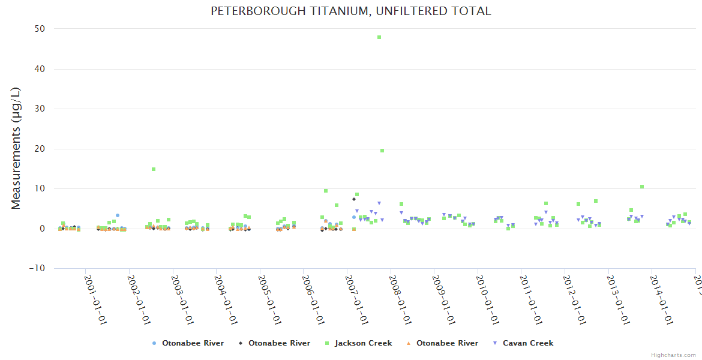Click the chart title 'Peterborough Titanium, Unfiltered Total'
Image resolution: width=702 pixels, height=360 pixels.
coord(350,11)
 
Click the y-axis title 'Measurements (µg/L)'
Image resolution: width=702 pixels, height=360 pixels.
coord(16,148)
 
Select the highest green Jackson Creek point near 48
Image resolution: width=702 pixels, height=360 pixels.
coord(379,37)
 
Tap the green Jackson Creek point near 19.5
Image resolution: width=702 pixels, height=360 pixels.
coord(382,151)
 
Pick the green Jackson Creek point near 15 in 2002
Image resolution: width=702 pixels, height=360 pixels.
coord(154,169)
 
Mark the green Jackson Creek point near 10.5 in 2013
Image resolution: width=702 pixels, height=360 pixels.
coord(642,187)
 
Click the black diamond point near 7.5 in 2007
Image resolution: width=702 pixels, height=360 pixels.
coord(354,199)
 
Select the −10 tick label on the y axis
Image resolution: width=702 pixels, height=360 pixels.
coord(37,268)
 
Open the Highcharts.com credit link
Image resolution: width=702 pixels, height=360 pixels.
coord(673,355)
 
